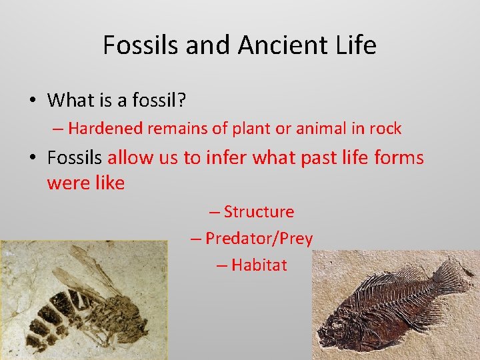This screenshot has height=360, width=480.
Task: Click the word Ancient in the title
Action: click(x=290, y=45)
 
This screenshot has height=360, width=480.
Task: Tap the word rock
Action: click(x=385, y=128)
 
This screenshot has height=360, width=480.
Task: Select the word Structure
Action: click(x=259, y=212)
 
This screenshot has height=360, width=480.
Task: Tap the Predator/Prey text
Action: click(x=259, y=238)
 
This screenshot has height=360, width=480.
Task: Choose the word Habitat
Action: click(x=259, y=265)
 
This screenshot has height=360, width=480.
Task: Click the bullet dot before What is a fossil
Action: click(x=32, y=101)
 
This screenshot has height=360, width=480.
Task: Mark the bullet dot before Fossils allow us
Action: click(x=32, y=159)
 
